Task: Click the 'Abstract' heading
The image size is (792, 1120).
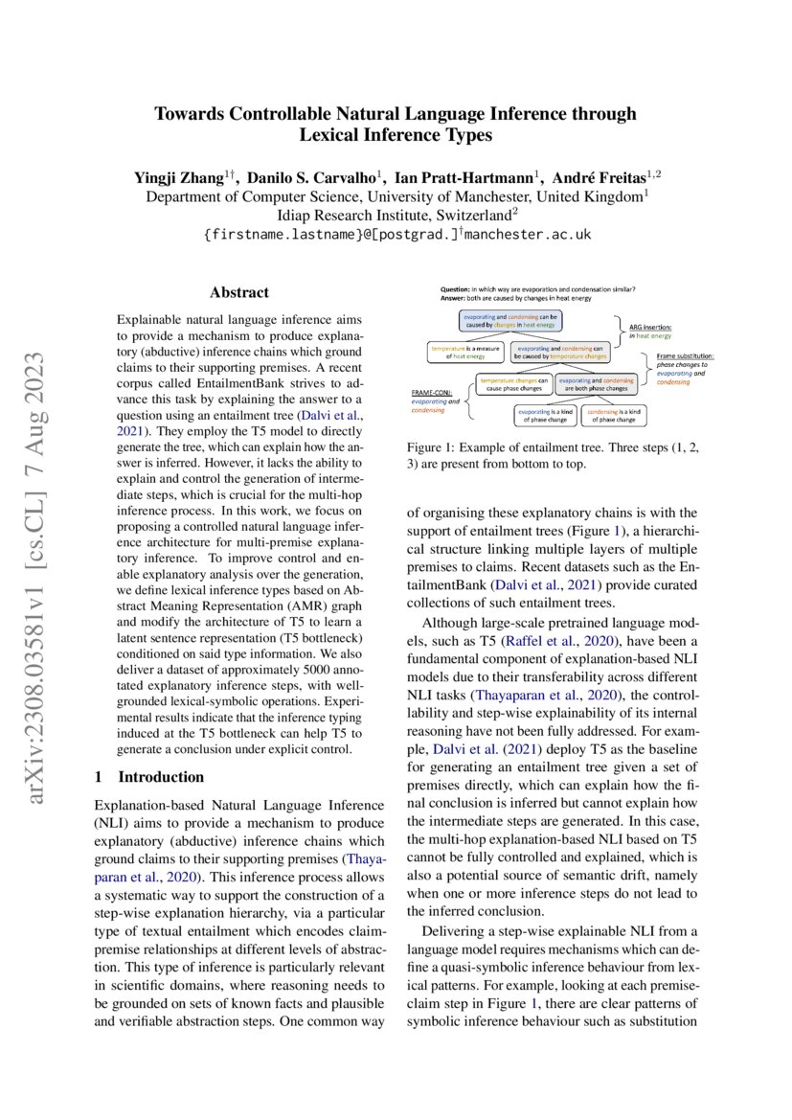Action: tap(239, 292)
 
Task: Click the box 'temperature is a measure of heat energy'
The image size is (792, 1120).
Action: tap(464, 353)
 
